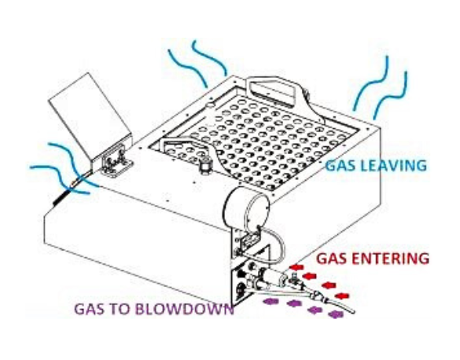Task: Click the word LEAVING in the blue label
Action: (393, 166)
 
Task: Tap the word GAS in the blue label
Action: (341, 166)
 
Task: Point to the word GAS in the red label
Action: (332, 259)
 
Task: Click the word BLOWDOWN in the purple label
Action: (186, 309)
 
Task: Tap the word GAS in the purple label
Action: (90, 309)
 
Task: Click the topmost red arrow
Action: (297, 267)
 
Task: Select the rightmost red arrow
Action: (342, 296)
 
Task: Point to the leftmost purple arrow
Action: (270, 300)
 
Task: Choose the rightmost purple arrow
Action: (336, 315)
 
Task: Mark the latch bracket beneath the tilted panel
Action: (116, 162)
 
